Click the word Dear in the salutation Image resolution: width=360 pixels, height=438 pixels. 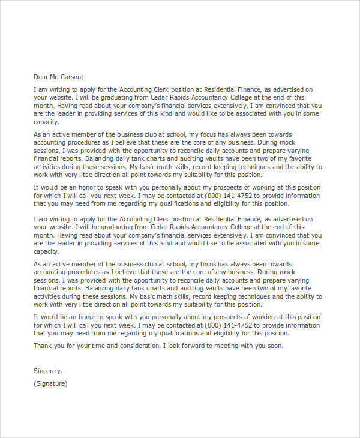click(41, 76)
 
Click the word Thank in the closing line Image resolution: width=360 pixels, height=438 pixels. click(44, 346)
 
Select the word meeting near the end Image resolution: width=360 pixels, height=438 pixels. click(229, 346)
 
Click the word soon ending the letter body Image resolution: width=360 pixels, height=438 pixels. click(274, 346)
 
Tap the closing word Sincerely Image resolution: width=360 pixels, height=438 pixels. click(48, 371)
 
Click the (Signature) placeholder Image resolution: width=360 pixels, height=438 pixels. click(51, 383)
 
